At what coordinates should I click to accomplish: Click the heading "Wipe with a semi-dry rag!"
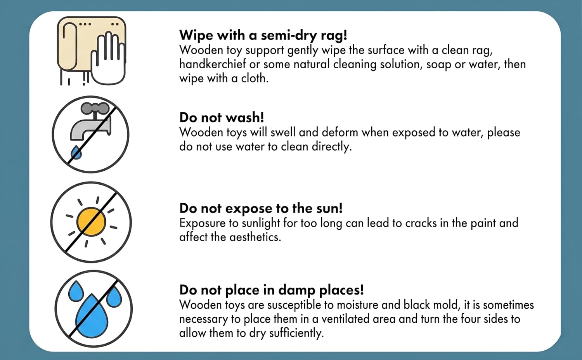pyautogui.click(x=263, y=35)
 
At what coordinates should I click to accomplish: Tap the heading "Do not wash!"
pyautogui.click(x=222, y=118)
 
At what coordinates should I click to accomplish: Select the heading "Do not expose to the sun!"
pyautogui.click(x=261, y=208)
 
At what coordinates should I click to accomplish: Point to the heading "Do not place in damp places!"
pyautogui.click(x=272, y=290)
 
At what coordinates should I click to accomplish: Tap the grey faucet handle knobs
pyautogui.click(x=95, y=107)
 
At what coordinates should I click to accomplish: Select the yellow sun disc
pyautogui.click(x=91, y=222)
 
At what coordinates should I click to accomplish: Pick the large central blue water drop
pyautogui.click(x=92, y=316)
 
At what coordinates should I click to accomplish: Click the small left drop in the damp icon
pyautogui.click(x=76, y=291)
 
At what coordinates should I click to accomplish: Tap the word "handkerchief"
pyautogui.click(x=213, y=64)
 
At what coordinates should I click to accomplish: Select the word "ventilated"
pyautogui.click(x=345, y=319)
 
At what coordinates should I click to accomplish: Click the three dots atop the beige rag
pyautogui.click(x=85, y=24)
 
